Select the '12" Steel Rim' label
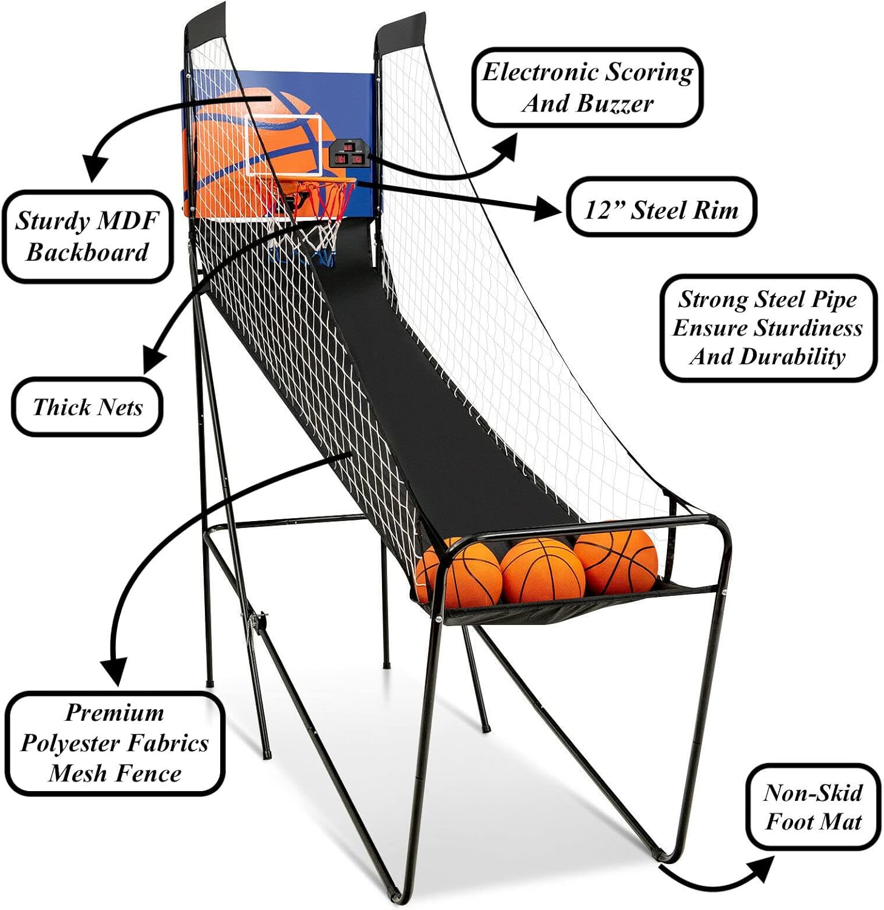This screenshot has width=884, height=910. [661, 210]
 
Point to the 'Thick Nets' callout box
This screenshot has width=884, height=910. [88, 407]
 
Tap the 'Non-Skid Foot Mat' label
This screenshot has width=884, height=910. [813, 807]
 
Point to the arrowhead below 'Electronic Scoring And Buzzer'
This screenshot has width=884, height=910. [507, 147]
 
